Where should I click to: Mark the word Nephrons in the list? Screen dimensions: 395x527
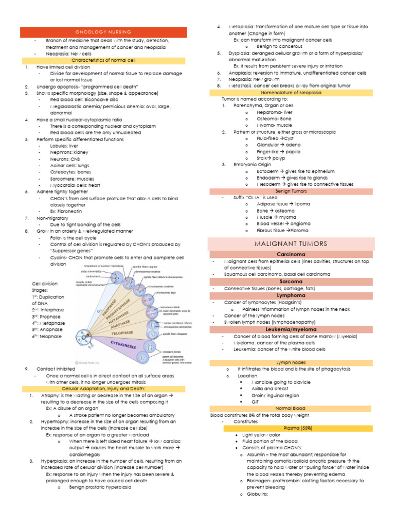[61, 152]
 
